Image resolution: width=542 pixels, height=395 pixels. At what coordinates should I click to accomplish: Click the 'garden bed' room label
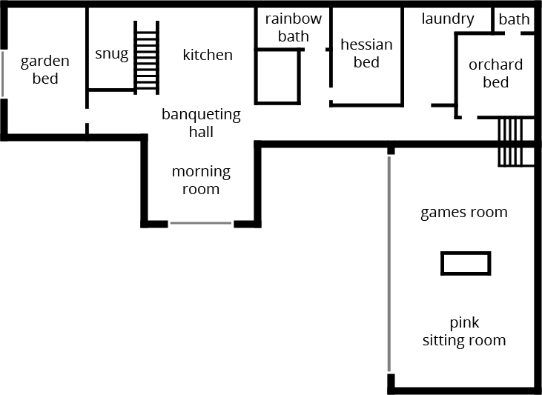(44, 70)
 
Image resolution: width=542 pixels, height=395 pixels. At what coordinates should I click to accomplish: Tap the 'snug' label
(111, 54)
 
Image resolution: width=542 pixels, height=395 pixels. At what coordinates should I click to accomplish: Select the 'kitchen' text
(208, 55)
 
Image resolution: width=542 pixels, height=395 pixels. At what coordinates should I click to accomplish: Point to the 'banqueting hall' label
(201, 123)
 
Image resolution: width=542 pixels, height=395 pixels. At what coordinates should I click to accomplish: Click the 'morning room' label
(201, 180)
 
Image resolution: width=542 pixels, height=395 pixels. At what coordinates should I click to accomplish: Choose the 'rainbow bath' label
(294, 27)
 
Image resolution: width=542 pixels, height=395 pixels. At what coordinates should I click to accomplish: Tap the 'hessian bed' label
(366, 53)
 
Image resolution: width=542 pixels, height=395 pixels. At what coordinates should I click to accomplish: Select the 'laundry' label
(448, 19)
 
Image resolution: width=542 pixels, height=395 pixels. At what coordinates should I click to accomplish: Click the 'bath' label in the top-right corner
(514, 19)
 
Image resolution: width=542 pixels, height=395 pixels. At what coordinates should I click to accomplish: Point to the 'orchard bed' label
(495, 73)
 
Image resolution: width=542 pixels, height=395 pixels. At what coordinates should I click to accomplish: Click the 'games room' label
(464, 213)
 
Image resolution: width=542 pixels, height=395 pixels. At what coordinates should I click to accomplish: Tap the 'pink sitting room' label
(464, 331)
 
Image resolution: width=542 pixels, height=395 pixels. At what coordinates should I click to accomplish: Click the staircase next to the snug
(146, 58)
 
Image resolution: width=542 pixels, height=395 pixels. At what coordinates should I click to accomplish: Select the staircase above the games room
(511, 142)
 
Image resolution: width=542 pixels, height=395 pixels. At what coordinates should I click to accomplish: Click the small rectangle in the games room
(465, 263)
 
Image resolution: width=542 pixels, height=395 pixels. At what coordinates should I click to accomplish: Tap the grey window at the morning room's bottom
(201, 223)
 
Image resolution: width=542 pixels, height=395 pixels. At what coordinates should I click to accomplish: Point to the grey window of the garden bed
(2, 73)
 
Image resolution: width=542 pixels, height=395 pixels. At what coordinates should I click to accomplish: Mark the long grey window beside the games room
(389, 263)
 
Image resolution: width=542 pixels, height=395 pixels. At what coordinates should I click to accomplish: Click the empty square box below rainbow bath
(278, 76)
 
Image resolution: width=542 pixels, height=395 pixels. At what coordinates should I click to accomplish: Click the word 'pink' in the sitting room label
(464, 323)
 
